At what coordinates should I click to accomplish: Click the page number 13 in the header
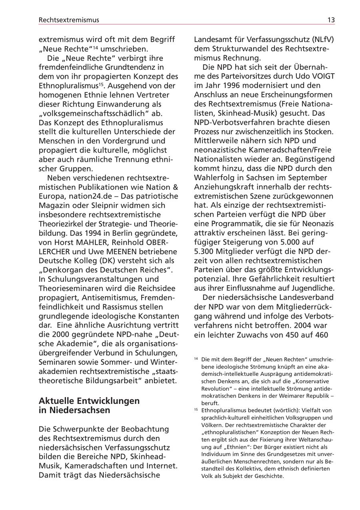click(x=331, y=20)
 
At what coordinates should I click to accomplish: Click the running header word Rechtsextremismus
click(x=69, y=20)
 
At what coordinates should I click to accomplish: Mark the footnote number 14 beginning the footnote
click(x=196, y=358)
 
